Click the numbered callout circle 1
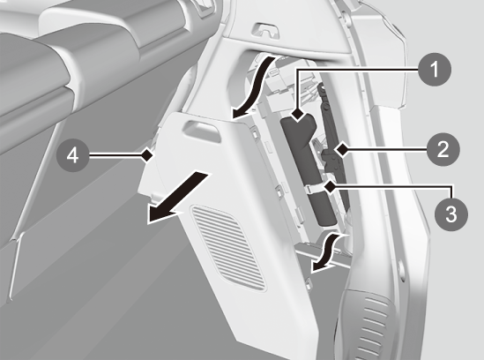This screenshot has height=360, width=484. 435,69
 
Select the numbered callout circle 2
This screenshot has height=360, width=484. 443,150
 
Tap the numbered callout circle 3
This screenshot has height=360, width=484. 451,214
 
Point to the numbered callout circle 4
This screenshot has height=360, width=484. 73,155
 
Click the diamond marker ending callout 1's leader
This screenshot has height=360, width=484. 298,115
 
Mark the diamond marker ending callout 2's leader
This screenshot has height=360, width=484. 342,150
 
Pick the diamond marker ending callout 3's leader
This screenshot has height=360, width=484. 330,187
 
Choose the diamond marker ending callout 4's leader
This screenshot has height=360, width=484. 147,154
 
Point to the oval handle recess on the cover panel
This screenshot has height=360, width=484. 202,131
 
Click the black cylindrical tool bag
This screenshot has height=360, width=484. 308,169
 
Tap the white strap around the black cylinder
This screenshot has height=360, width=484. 317,187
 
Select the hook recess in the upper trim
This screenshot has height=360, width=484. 266,31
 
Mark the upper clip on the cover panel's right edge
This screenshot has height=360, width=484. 255,134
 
